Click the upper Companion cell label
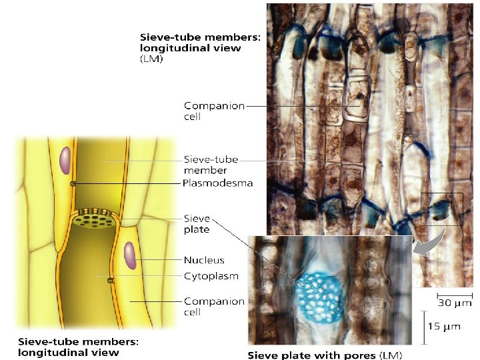pyautogui.click(x=214, y=111)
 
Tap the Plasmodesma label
pyautogui.click(x=217, y=183)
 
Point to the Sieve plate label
pyautogui.click(x=197, y=223)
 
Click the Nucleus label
pyautogui.click(x=204, y=260)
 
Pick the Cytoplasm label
pyautogui.click(x=211, y=275)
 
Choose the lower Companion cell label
pyautogui.click(x=214, y=306)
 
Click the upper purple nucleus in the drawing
pyautogui.click(x=65, y=160)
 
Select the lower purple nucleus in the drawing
pyautogui.click(x=129, y=257)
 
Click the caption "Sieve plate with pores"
pyautogui.click(x=325, y=355)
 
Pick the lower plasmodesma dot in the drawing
pyautogui.click(x=110, y=280)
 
